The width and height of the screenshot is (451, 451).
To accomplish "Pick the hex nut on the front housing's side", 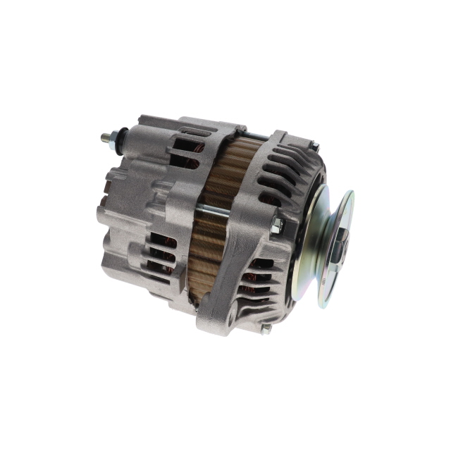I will coord(277,225).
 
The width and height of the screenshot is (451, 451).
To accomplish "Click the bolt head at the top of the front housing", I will coord(315,146).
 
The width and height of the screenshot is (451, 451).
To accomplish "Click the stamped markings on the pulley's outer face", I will coord(345,268).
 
